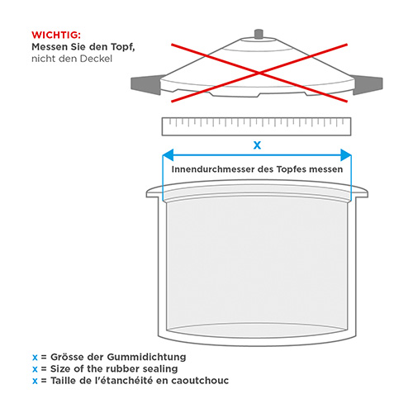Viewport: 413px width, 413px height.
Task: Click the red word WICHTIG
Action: [55, 35]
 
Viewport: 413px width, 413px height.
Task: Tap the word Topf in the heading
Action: [123, 47]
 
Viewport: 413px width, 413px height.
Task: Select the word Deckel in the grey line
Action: [96, 59]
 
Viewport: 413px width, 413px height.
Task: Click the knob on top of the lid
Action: [259, 34]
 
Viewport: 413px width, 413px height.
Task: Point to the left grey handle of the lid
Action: [146, 84]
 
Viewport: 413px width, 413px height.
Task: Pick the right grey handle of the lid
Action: [368, 84]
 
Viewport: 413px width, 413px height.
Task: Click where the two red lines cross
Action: [259, 73]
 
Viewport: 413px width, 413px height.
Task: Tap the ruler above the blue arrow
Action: [256, 126]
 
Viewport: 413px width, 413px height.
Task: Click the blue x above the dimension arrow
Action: [257, 145]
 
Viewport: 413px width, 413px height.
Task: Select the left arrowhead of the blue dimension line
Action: [168, 155]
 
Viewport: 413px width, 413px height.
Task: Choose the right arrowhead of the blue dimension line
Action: [346, 155]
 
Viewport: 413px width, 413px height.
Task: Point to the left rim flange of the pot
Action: [154, 192]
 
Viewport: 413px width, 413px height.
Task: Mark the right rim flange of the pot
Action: [359, 192]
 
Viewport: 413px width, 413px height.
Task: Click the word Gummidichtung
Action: [146, 357]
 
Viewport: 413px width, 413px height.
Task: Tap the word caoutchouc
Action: [200, 381]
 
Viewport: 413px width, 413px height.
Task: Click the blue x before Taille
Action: [35, 381]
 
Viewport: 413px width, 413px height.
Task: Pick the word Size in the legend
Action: [60, 368]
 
